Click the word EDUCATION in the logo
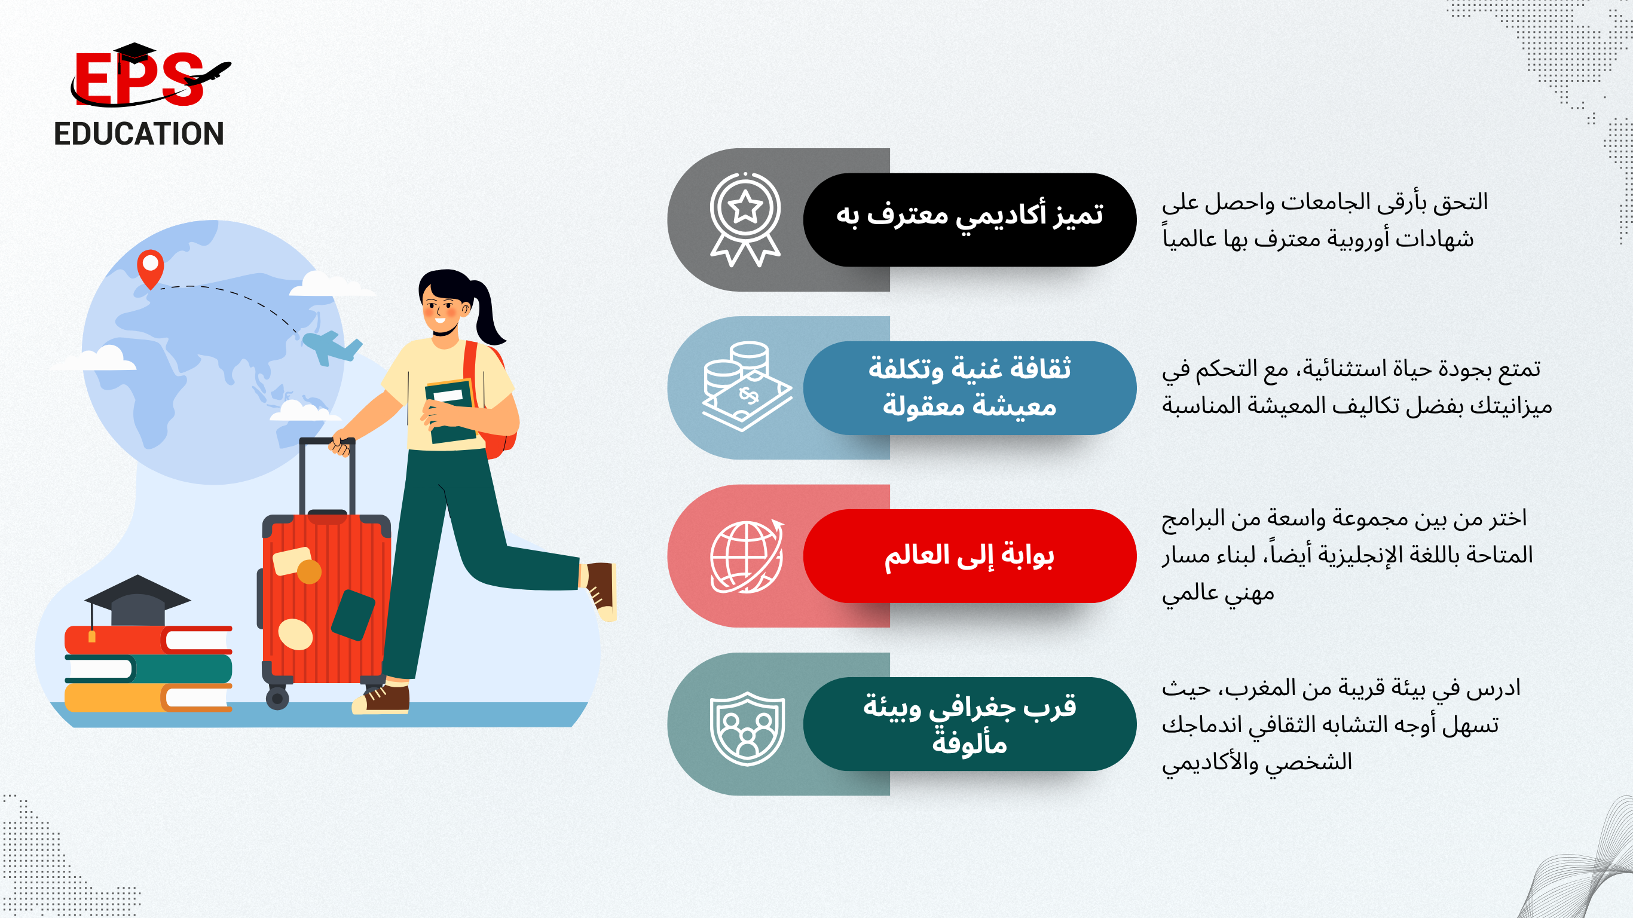point(139,134)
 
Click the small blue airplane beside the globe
point(331,346)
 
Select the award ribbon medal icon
point(745,219)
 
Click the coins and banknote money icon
point(747,387)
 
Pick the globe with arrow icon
point(747,556)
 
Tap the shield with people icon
point(747,729)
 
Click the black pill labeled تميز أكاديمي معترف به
point(970,219)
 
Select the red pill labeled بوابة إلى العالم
point(970,556)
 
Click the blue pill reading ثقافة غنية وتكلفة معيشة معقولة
point(970,388)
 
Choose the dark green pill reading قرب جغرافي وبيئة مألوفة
point(970,724)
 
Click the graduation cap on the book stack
point(137,599)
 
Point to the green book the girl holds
point(451,411)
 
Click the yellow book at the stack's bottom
point(148,698)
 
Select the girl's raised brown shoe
point(600,590)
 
